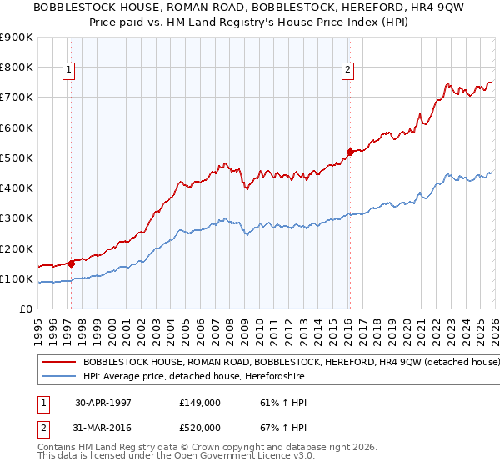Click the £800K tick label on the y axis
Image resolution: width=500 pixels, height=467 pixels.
point(17,68)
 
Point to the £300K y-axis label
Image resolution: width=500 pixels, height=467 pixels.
point(17,218)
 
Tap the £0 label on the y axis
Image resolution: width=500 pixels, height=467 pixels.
point(25,309)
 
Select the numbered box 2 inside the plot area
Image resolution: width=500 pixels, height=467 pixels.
point(347,71)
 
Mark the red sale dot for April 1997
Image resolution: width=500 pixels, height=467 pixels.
point(71,264)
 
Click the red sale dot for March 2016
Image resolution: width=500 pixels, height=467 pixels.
point(349,152)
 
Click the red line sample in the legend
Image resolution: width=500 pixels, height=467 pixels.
point(58,363)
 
